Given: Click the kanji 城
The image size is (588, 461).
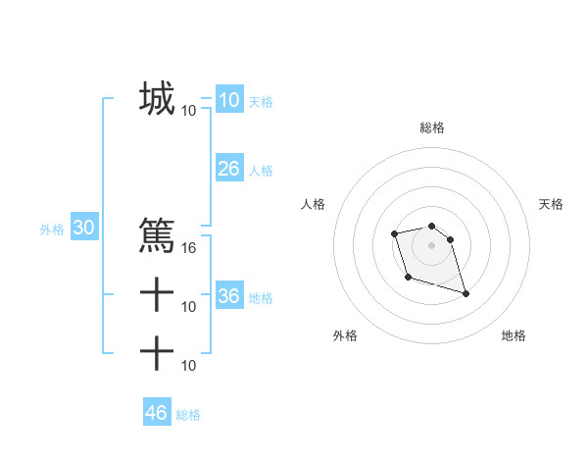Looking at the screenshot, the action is (157, 99).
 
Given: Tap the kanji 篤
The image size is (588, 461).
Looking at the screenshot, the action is (157, 235).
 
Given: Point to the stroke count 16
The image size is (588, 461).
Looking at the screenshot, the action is (189, 247).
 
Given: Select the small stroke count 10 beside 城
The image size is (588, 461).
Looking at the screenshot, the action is (189, 111).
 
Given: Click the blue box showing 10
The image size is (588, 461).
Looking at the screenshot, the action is (228, 99).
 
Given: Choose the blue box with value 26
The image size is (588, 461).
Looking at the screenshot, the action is (228, 169).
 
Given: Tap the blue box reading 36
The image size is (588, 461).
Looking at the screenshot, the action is (228, 295).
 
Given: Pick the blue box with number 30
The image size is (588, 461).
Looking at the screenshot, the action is (83, 228).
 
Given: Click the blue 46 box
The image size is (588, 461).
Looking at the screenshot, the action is (156, 413).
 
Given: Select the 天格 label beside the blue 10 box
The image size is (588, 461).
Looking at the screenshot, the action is (261, 102).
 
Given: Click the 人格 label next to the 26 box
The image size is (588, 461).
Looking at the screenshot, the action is (261, 171).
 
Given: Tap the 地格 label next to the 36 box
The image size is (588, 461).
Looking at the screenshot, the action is (261, 297).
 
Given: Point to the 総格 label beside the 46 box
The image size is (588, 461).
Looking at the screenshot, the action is (188, 415).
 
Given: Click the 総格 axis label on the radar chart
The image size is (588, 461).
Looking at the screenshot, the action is (431, 128).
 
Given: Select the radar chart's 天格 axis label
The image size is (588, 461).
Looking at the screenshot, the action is (551, 204).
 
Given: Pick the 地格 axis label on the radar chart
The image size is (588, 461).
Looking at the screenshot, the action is (514, 335).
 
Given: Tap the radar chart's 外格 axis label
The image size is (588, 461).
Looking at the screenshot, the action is (345, 335).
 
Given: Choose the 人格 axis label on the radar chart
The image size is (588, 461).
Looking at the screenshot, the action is (314, 204).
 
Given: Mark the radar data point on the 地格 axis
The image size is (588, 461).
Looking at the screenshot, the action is (465, 293).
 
